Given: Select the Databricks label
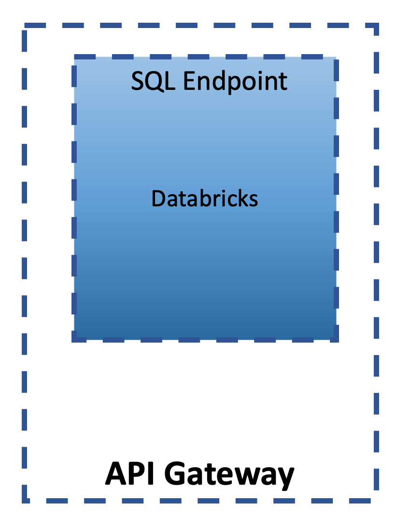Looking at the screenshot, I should pos(205,199).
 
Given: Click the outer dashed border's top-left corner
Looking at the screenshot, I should pos(25,27).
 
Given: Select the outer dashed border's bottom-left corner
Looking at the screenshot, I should pos(25,500).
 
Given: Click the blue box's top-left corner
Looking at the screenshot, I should pos(74,57).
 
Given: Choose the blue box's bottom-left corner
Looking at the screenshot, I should pos(74,339).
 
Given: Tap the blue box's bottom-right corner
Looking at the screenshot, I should pos(336,339).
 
